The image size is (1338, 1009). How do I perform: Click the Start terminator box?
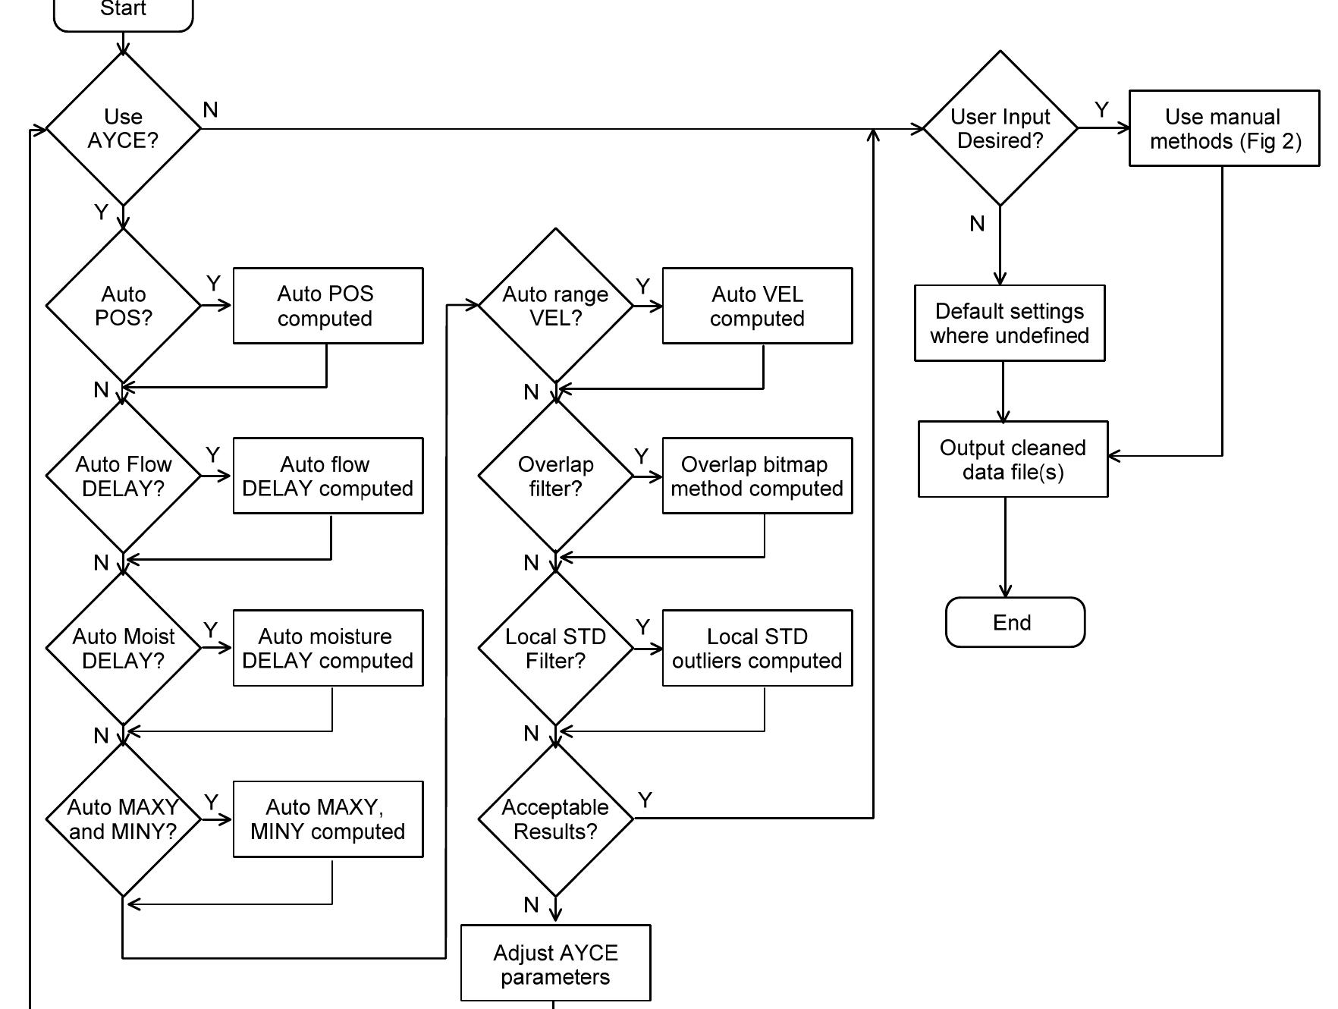[123, 12]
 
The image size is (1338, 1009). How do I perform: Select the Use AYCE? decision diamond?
[123, 129]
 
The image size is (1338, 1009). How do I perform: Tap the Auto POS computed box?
[328, 306]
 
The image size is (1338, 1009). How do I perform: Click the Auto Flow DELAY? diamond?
[123, 476]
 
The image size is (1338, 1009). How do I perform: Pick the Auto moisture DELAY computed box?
[328, 649]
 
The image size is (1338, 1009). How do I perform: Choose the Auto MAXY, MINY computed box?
[328, 819]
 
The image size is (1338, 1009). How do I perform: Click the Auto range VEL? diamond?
[555, 306]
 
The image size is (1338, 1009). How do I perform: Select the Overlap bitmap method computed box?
[757, 476]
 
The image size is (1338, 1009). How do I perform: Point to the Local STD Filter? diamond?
[555, 649]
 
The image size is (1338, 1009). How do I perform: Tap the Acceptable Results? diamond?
[555, 819]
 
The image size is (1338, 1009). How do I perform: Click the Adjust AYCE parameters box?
[555, 963]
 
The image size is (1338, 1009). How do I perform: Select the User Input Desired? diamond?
[1000, 129]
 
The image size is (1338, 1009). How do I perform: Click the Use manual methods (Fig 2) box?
[1223, 129]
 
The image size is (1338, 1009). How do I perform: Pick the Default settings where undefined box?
[1009, 323]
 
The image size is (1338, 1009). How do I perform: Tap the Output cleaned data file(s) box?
[1013, 460]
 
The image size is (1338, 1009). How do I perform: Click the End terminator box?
[1015, 623]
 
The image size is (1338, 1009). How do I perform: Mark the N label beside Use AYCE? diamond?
[211, 111]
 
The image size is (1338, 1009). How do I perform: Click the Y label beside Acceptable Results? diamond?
[645, 800]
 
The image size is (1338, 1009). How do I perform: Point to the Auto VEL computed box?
[757, 306]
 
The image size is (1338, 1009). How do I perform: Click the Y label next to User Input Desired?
[1102, 111]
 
